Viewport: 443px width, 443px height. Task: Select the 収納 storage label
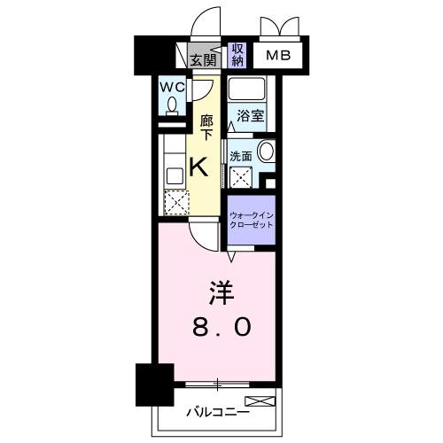(237, 55)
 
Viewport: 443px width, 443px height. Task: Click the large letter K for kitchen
(200, 165)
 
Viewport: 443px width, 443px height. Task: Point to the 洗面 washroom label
(241, 156)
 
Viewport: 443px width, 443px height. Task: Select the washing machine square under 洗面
(239, 176)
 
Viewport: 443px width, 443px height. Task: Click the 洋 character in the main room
(221, 291)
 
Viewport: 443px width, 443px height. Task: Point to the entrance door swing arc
(206, 18)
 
